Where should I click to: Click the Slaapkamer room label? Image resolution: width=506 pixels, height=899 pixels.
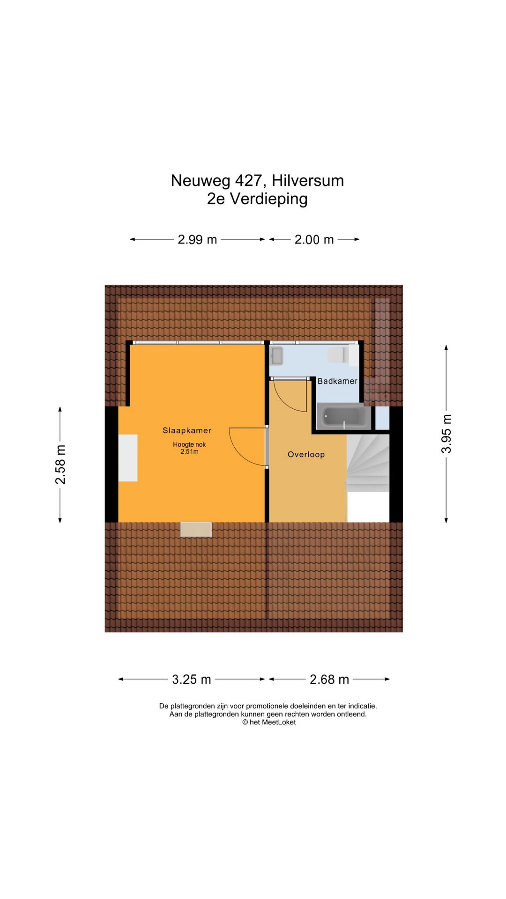pos(187,430)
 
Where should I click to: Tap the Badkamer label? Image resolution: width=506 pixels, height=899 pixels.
pos(337,381)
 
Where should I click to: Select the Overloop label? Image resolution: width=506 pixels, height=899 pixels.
pos(306,454)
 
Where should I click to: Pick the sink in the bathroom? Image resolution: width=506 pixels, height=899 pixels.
pos(276,356)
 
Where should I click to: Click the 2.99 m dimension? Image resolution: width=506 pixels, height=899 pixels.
pos(197,240)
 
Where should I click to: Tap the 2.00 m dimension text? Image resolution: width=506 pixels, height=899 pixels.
pos(314,240)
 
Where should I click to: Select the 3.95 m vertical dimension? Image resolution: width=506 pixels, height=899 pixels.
pos(446,434)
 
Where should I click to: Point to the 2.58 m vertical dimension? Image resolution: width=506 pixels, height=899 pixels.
pos(60,464)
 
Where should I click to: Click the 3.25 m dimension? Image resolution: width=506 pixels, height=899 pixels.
pos(192,679)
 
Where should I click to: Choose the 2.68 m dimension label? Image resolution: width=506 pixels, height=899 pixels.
pos(329,679)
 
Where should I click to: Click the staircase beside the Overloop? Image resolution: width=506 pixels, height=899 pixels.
pos(368,463)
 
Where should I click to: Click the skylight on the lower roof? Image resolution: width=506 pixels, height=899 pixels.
pos(196,530)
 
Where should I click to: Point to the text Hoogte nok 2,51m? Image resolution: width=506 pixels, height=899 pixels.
pos(189,448)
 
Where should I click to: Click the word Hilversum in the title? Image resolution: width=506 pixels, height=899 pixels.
pos(308,181)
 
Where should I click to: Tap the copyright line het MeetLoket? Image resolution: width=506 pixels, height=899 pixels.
pos(269,722)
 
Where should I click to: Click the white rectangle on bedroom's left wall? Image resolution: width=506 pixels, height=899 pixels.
pos(128,458)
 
